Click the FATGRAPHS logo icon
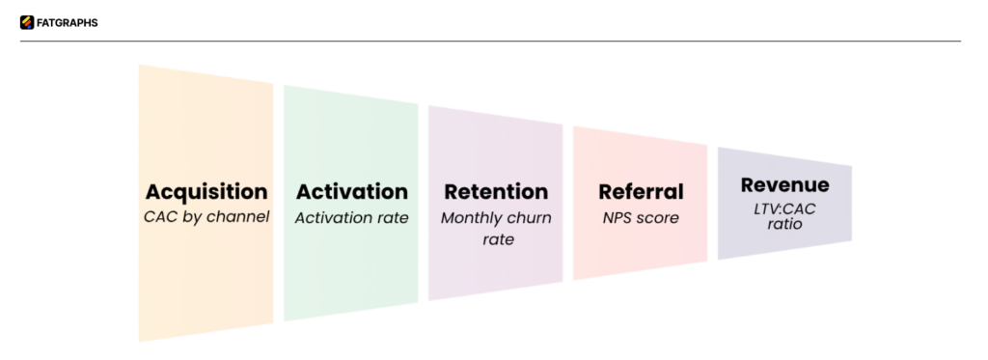pos(26,22)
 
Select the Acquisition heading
pos(206,191)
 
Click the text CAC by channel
pos(206,218)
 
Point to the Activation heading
pos(351,191)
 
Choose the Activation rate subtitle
pos(351,218)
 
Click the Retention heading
pos(496,191)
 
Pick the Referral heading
pos(641,191)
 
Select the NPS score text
pos(641,218)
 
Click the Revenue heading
pos(784,184)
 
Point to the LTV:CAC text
pos(784,208)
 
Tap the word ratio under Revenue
pos(784,225)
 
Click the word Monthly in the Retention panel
pos(473,218)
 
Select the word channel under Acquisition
pos(237,218)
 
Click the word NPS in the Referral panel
pos(618,218)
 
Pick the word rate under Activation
pos(390,218)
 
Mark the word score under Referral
pos(659,218)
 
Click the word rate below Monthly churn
pos(496,238)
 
